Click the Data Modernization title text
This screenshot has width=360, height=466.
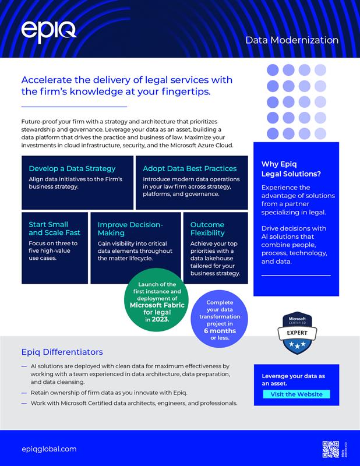tap(292, 40)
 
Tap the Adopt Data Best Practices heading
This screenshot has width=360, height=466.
tap(189, 168)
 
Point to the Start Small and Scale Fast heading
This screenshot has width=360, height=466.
tap(48, 228)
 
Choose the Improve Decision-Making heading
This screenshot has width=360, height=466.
tap(130, 228)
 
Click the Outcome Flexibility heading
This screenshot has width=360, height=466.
tap(207, 228)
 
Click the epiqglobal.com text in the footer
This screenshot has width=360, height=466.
tap(49, 449)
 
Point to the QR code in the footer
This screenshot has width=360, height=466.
tap(330, 449)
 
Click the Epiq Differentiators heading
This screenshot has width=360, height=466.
tap(62, 352)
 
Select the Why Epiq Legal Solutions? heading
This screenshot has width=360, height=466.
tap(291, 169)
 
